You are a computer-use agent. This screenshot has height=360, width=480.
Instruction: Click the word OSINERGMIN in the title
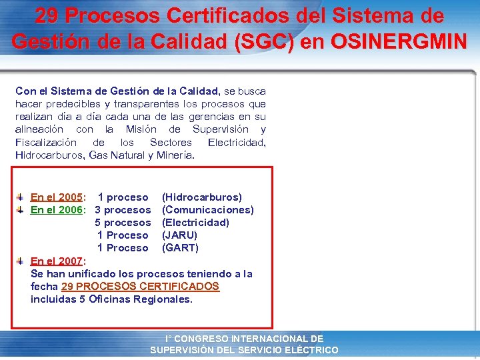pos(399,41)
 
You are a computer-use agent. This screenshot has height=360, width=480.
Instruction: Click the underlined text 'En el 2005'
pos(57,197)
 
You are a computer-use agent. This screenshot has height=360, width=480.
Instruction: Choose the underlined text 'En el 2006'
pos(57,210)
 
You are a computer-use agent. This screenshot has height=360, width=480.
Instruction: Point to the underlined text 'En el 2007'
pos(57,261)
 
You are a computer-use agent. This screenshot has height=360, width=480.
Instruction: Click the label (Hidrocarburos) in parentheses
pos(202,197)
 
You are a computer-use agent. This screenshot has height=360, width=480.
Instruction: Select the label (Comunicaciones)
pos(208,210)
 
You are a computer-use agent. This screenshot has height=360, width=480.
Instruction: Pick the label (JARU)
pos(179,235)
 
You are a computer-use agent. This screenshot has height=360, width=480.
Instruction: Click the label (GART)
pos(180,248)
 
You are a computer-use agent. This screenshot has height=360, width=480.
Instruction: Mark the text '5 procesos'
pos(123,223)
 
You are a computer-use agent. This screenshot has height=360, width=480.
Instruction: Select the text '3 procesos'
pos(123,210)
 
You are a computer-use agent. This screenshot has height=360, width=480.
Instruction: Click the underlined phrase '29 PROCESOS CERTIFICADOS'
pos(140,287)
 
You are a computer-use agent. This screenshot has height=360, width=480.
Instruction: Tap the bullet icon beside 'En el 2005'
pos(21,197)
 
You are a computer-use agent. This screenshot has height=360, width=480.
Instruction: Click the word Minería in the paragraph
pos(175,155)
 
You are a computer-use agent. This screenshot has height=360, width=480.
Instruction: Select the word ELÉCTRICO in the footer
pos(312,350)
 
